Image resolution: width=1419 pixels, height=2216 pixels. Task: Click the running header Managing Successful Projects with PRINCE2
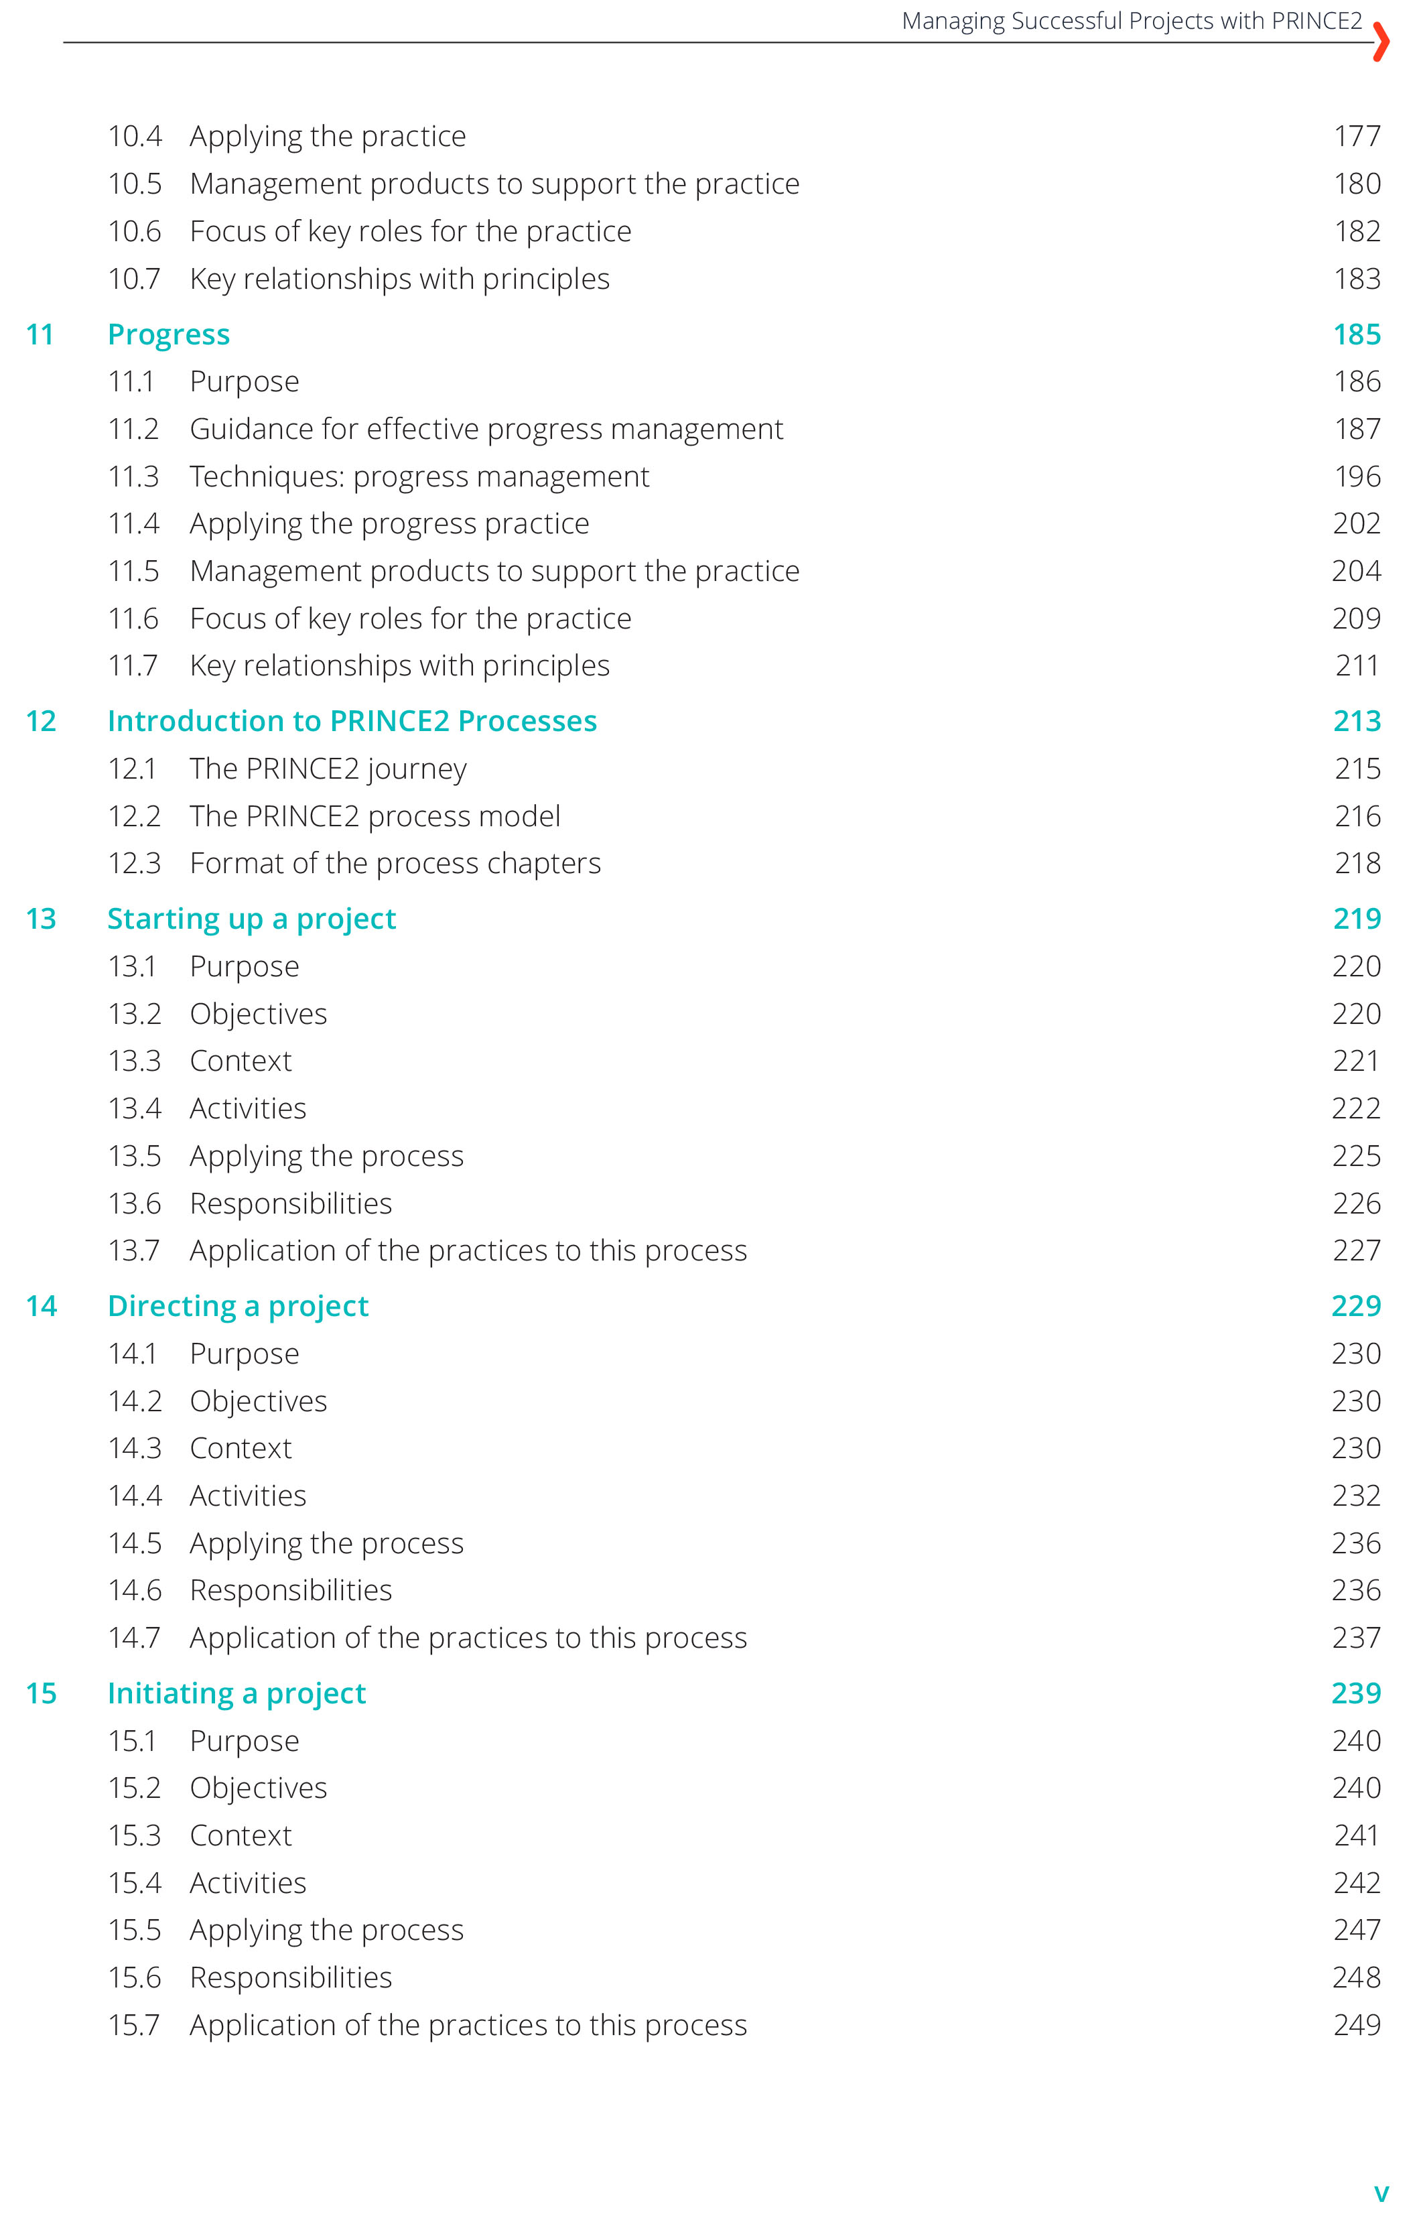[x=1131, y=21]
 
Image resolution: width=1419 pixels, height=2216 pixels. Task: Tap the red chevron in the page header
[x=1379, y=42]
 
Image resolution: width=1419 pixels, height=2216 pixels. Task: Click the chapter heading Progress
[x=169, y=334]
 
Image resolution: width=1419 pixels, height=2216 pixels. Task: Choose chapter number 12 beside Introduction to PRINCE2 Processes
[x=42, y=722]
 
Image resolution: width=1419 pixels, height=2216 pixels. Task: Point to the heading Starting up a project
[x=251, y=919]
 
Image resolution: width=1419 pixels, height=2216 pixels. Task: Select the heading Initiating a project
[x=236, y=1693]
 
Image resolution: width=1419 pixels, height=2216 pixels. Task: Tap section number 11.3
[x=133, y=476]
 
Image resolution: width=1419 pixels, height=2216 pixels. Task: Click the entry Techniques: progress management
[x=419, y=476]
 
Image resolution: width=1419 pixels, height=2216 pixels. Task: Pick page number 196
[x=1357, y=476]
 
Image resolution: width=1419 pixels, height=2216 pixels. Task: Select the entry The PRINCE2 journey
[x=328, y=769]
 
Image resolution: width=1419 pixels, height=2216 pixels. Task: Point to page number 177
[x=1357, y=137]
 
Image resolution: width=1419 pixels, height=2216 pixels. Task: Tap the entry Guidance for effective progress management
[x=486, y=430]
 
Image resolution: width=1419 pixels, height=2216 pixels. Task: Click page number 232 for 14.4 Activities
[x=1356, y=1496]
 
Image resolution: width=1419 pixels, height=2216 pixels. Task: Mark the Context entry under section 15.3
[x=241, y=1835]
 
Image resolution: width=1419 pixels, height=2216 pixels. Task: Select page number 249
[x=1356, y=2024]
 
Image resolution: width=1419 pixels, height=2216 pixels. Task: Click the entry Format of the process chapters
[x=395, y=863]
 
